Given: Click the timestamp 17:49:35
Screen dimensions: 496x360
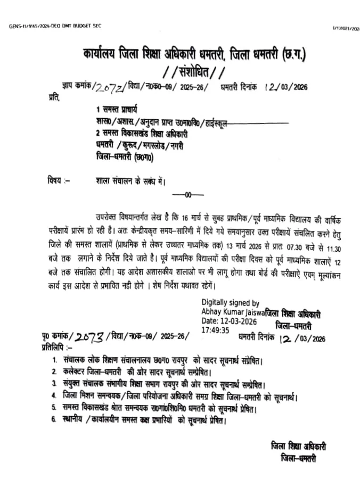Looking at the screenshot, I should coord(216,330).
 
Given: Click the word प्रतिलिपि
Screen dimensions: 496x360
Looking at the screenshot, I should coord(55,346).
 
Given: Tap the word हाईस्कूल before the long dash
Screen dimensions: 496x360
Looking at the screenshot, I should coord(215,122).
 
